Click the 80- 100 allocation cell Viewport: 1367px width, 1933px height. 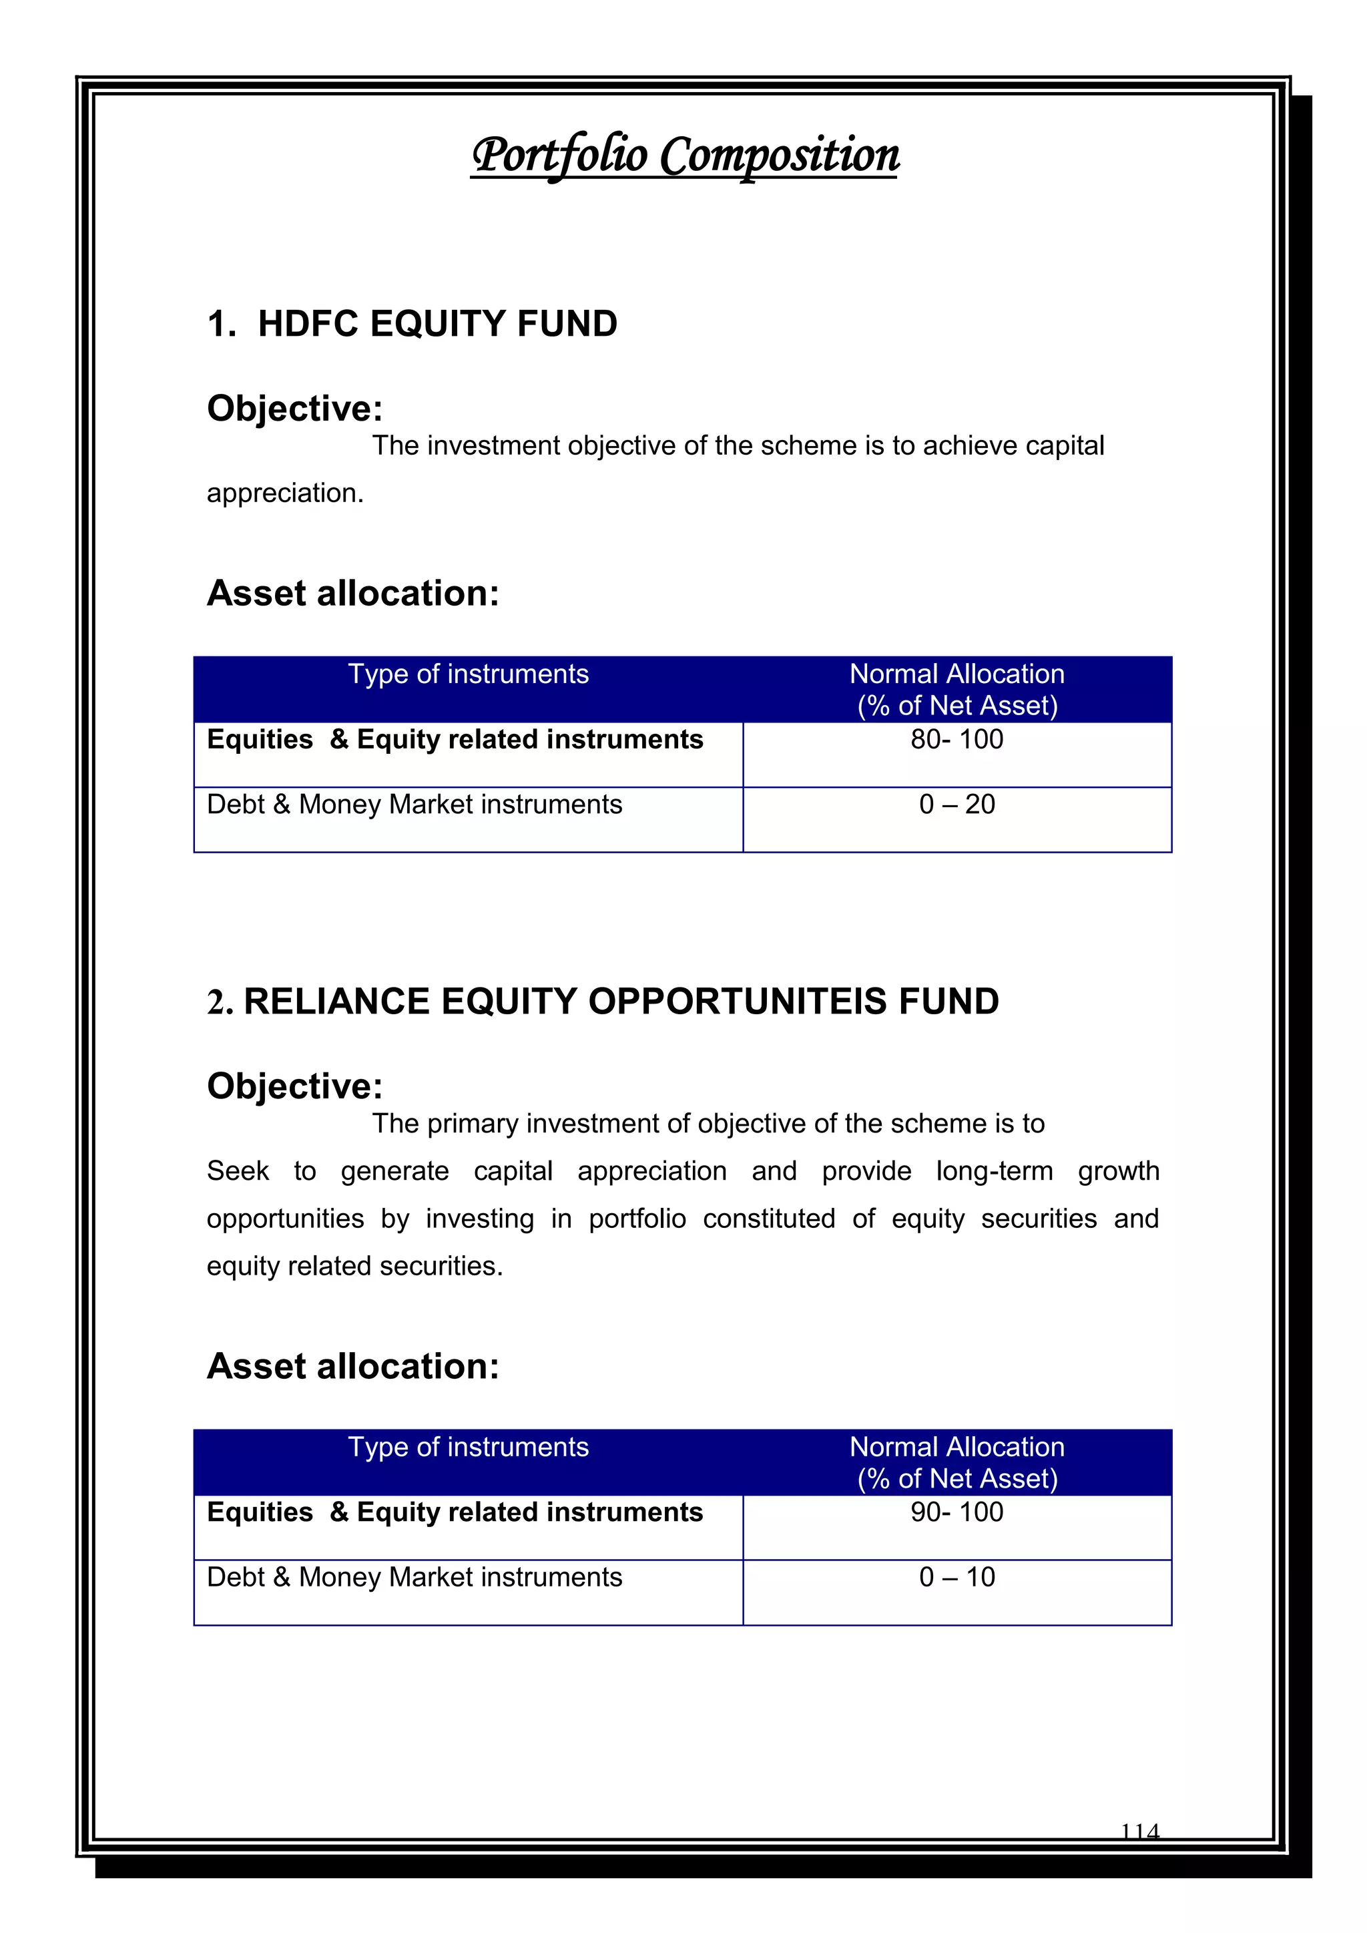(956, 740)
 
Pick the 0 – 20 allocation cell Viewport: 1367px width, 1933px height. (956, 805)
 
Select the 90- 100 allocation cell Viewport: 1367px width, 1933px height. (956, 1513)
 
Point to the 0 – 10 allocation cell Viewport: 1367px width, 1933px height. (956, 1578)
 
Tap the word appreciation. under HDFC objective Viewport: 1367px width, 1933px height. (286, 493)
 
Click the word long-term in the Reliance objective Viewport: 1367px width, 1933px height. (994, 1171)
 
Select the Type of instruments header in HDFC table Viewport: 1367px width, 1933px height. (468, 674)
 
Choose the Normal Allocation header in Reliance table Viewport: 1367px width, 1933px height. (956, 1447)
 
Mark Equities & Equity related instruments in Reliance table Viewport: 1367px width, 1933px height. (455, 1513)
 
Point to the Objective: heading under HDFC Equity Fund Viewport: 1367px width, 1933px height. (294, 409)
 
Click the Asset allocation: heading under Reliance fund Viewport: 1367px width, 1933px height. (352, 1366)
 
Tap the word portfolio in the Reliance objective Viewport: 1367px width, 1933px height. (637, 1219)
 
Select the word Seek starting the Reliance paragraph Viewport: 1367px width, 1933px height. (238, 1171)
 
